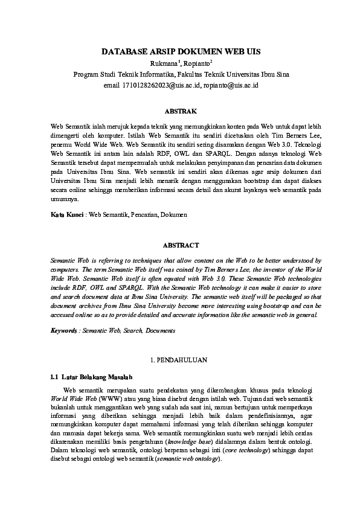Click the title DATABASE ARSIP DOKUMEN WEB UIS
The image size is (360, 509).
[180, 52]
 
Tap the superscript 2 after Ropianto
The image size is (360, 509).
[211, 62]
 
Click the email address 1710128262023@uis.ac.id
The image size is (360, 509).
[161, 85]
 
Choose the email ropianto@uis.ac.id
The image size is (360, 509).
[231, 85]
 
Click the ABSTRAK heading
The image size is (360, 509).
[179, 112]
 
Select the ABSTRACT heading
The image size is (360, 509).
[179, 246]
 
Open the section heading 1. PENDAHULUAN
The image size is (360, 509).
[179, 360]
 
